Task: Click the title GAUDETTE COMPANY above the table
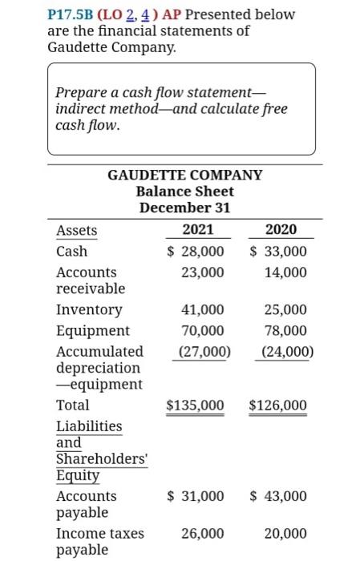coord(184,174)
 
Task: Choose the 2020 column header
coord(281,230)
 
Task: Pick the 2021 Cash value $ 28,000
coord(195,252)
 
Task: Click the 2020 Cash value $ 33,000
coord(278,252)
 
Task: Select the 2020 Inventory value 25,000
coord(285,309)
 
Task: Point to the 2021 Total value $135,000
coord(195,406)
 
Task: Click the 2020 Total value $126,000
coord(278,406)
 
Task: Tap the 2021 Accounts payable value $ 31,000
coord(195,496)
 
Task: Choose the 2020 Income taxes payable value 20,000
coord(285,533)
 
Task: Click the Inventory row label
coord(89,309)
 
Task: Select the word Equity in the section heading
coord(78,476)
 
